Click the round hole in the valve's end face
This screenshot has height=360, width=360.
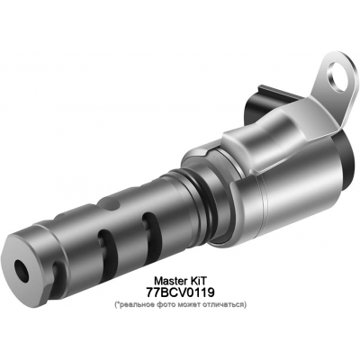(21, 267)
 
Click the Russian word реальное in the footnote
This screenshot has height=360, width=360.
(138, 305)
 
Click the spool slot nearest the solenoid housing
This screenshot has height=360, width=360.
(154, 236)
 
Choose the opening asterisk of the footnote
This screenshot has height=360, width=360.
(117, 304)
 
